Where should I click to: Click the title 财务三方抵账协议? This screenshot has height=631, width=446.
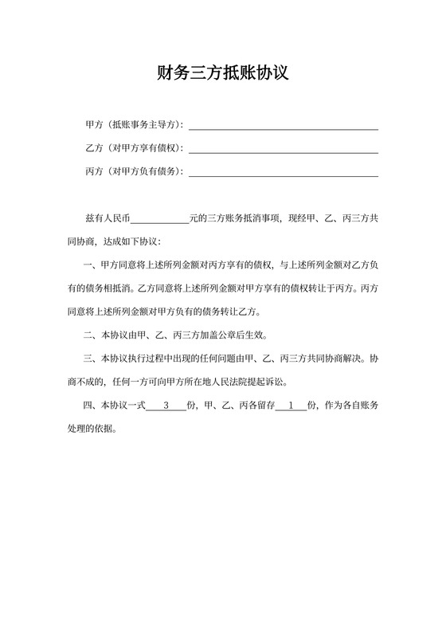(x=222, y=74)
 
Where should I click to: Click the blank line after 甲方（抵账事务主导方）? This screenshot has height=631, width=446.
(x=283, y=126)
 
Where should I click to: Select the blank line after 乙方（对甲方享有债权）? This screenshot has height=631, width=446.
(x=283, y=149)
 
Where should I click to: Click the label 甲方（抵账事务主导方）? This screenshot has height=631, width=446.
(x=134, y=125)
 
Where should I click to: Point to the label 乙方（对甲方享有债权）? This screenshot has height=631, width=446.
(x=134, y=148)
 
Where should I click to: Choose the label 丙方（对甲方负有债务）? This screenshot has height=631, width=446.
(x=134, y=171)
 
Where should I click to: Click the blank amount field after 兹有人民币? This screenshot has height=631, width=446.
(x=159, y=218)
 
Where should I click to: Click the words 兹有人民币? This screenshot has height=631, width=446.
(x=107, y=218)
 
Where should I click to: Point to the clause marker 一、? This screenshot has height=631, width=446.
(x=89, y=265)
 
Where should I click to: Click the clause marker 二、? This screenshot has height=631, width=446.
(x=89, y=335)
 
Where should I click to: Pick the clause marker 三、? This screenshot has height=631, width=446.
(x=89, y=359)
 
